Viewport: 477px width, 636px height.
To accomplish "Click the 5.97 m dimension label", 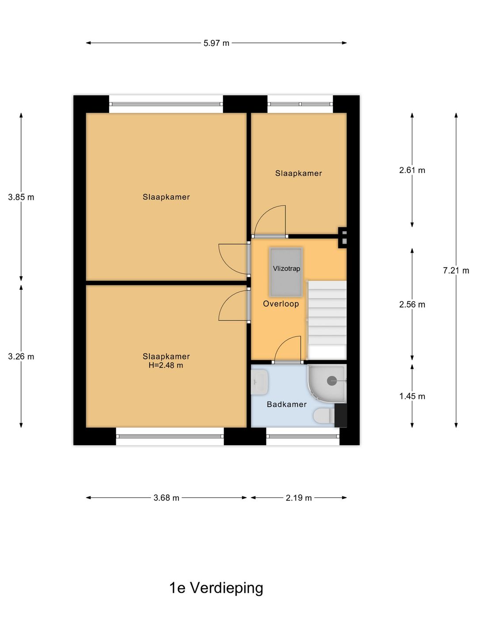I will point(216,43).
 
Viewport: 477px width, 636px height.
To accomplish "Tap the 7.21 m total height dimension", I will point(456,270).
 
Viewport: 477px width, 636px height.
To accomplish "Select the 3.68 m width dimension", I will point(166,498).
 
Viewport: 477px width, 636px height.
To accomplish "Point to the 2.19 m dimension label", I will point(299,498).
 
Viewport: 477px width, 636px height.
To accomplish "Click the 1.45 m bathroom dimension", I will point(412,396).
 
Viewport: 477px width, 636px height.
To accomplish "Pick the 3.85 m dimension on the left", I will point(21,197).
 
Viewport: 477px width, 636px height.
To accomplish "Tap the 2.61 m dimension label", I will point(412,170).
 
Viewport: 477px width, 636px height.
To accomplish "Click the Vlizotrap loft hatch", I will point(286,272).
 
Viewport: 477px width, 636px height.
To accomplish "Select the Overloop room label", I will point(281,304).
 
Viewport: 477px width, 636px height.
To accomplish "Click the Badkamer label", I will point(287,404).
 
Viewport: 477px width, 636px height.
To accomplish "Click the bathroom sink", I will point(259,382).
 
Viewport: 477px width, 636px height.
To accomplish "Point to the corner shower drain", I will point(332,381).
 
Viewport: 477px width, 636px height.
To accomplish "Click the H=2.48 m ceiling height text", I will point(166,366).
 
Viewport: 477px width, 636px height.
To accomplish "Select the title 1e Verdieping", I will point(216,588).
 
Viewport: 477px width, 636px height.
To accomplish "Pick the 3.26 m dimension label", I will point(21,356).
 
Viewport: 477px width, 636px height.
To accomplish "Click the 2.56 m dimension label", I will point(412,304).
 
